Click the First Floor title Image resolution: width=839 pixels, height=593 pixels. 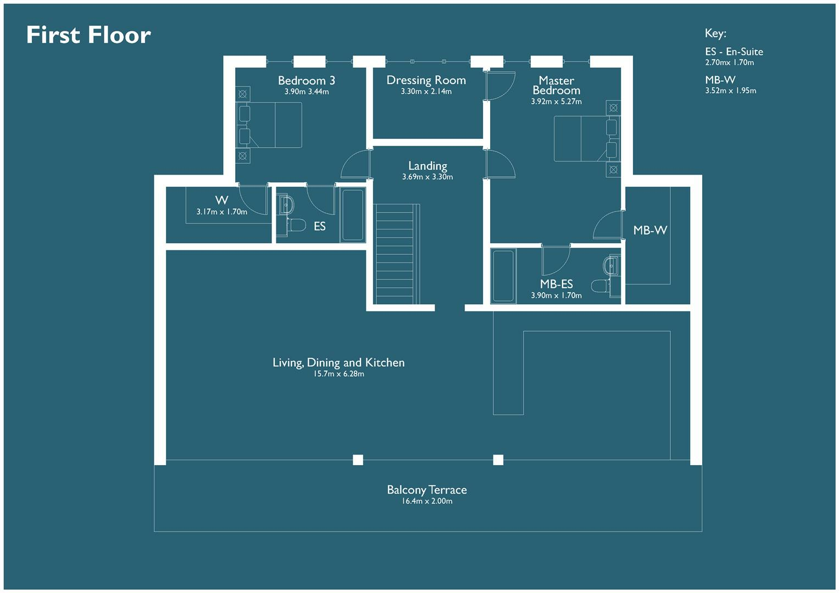88,35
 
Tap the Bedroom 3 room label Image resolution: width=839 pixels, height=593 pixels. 306,81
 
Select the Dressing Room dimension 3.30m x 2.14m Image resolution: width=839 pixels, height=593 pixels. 426,92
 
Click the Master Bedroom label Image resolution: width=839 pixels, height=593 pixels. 556,86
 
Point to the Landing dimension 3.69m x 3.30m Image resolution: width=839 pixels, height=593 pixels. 427,177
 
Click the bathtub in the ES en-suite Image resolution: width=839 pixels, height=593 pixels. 352,215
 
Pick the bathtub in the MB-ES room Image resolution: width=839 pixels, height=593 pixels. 503,276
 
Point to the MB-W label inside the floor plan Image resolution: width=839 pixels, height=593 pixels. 650,231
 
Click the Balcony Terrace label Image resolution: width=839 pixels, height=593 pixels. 426,490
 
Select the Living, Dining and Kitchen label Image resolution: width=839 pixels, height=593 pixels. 338,362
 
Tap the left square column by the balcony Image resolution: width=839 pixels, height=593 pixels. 358,460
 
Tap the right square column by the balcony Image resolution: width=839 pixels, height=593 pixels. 498,460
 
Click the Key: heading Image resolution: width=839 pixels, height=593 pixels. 715,33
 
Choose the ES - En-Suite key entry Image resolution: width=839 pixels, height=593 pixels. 734,52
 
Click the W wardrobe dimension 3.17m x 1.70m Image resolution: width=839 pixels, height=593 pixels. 221,212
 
